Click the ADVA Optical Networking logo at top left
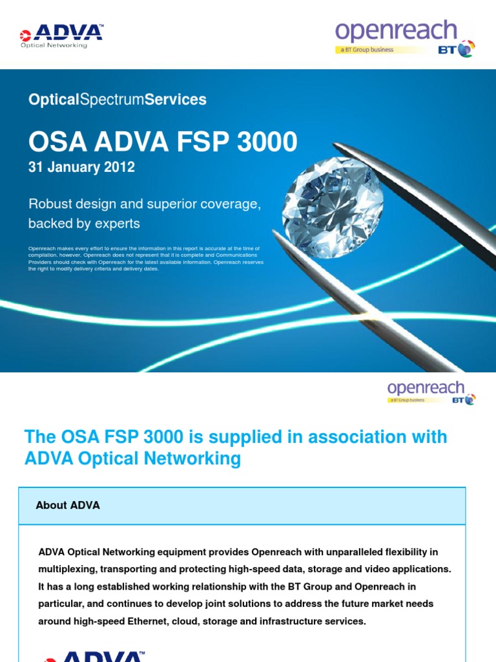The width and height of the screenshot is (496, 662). pyautogui.click(x=61, y=35)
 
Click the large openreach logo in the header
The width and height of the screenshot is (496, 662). pyautogui.click(x=395, y=32)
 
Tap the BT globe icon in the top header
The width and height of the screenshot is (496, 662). pyautogui.click(x=466, y=48)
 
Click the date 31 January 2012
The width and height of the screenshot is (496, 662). pyautogui.click(x=81, y=167)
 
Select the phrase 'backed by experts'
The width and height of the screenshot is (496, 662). pyautogui.click(x=84, y=224)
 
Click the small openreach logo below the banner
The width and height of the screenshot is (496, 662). pyautogui.click(x=426, y=388)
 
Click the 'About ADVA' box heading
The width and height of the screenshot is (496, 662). pyautogui.click(x=68, y=506)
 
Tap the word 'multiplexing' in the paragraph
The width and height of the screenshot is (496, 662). pyautogui.click(x=69, y=569)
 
